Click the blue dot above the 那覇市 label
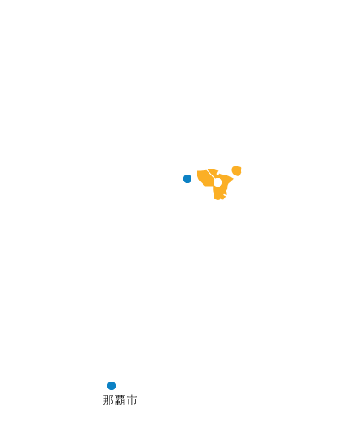[111, 386]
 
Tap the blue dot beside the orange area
[187, 179]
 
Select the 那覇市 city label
[120, 400]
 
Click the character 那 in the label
[108, 400]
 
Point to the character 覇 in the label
[120, 400]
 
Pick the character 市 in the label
[132, 400]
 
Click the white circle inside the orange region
[218, 182]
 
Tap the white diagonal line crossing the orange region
[211, 175]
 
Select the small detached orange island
[237, 170]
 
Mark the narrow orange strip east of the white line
[214, 173]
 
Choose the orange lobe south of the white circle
[219, 192]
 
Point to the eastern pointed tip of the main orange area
[233, 178]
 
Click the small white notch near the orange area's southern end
[225, 195]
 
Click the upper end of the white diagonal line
[208, 171]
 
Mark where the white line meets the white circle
[215, 179]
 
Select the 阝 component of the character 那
[111, 400]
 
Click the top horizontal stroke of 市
[132, 398]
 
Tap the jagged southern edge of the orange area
[220, 198]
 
